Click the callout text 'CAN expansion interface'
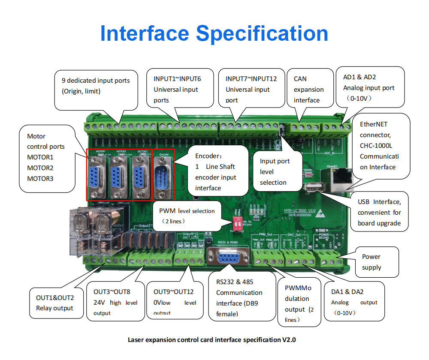click(x=308, y=89)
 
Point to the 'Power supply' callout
click(x=371, y=262)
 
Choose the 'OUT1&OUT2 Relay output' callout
click(x=54, y=303)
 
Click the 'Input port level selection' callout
click(x=275, y=171)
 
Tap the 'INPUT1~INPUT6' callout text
click(x=177, y=79)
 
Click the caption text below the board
click(x=212, y=340)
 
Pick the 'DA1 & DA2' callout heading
click(x=347, y=292)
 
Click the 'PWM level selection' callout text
click(x=187, y=211)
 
